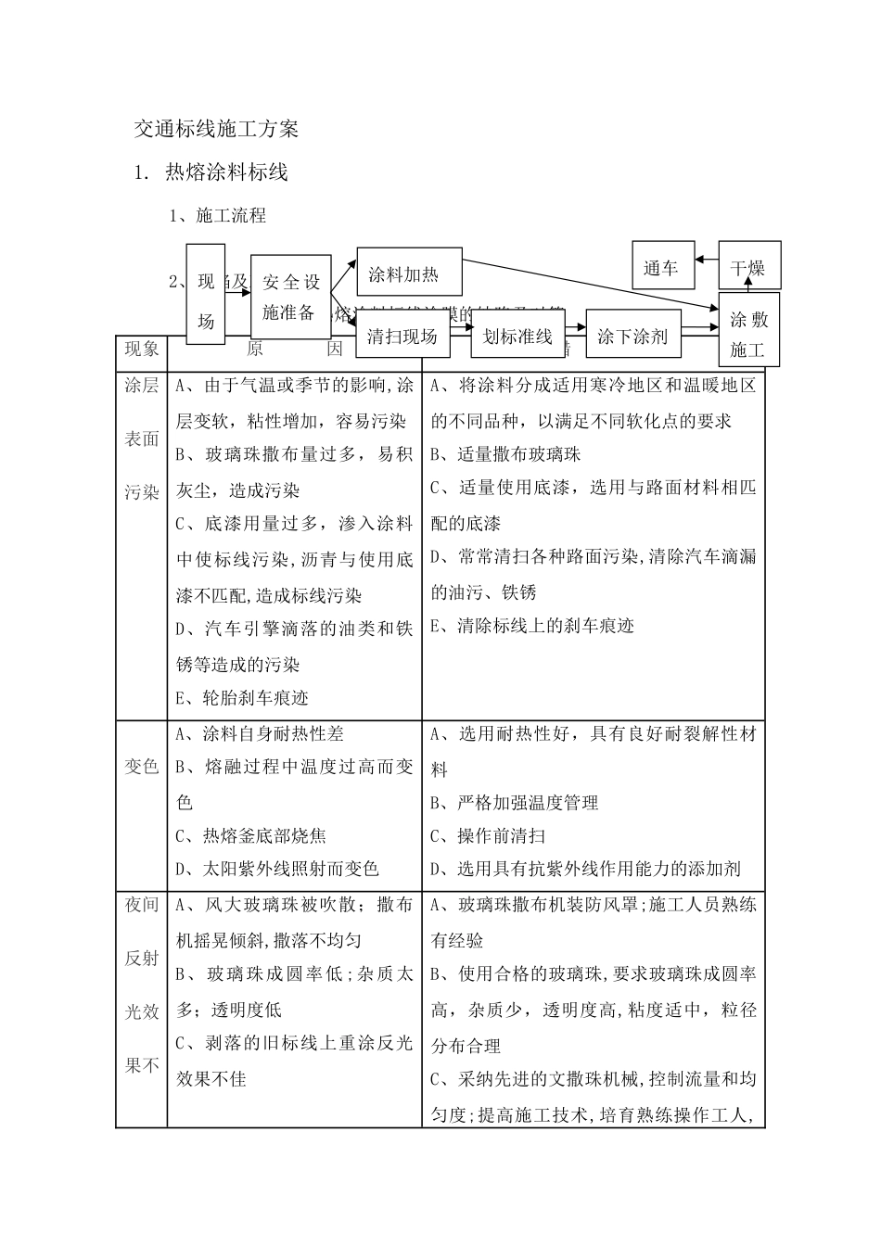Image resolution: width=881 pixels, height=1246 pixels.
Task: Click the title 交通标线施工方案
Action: tap(216, 129)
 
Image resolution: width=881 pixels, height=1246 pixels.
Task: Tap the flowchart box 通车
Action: tap(660, 269)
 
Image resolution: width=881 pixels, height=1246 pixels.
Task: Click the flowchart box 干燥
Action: tap(749, 267)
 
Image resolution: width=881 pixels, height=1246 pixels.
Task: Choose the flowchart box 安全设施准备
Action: tap(291, 297)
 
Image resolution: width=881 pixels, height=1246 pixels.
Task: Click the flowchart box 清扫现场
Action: tap(402, 335)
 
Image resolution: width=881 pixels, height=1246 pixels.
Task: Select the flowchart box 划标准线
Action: tap(517, 335)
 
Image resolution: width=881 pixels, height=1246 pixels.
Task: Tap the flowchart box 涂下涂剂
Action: tap(632, 335)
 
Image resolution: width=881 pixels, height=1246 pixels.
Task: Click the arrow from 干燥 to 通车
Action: tap(705, 261)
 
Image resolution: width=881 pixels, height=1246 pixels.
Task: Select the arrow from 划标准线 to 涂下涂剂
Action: tap(574, 327)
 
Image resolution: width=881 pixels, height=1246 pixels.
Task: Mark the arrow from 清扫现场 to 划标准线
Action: tap(460, 327)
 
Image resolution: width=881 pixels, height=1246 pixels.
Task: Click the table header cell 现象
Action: tap(142, 350)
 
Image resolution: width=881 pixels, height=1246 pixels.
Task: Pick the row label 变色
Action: tap(142, 767)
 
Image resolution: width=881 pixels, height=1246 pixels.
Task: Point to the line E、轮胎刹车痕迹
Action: tap(243, 697)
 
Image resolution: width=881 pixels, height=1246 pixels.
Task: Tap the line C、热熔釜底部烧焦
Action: tap(251, 835)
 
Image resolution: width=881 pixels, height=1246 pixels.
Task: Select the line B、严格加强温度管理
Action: tap(516, 802)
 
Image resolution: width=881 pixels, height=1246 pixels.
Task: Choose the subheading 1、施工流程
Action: tap(218, 216)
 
